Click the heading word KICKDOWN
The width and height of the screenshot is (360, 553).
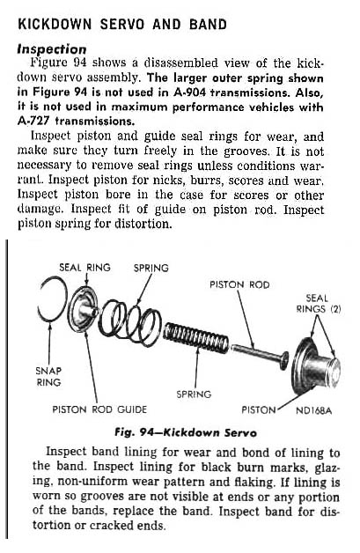tap(55, 24)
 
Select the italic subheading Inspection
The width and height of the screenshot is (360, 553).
tap(51, 49)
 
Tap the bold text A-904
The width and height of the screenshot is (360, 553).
tap(190, 92)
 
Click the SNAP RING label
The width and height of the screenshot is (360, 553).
tap(48, 376)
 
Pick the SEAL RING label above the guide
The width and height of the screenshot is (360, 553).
tap(84, 268)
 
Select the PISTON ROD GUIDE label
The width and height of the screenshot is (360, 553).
tap(99, 409)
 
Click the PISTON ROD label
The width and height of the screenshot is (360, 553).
tap(239, 284)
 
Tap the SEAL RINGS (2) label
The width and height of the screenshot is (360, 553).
tap(319, 304)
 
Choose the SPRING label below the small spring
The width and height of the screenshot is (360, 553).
tap(194, 394)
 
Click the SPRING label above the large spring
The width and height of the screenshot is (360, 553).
tap(151, 268)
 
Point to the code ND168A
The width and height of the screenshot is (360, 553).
tap(313, 410)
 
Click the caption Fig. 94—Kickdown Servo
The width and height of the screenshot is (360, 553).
tap(186, 432)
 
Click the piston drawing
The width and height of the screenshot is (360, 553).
tap(316, 367)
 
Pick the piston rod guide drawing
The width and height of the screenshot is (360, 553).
tap(83, 310)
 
